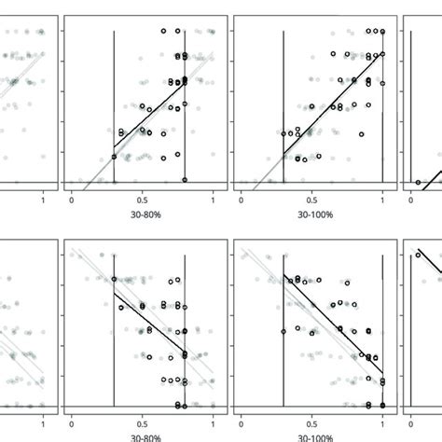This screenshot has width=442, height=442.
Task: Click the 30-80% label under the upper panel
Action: click(x=143, y=214)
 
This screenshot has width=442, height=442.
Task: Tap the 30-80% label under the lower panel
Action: click(x=143, y=437)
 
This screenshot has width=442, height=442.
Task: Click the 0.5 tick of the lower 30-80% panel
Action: click(x=143, y=421)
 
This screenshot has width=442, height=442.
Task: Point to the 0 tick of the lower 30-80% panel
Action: click(x=72, y=421)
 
